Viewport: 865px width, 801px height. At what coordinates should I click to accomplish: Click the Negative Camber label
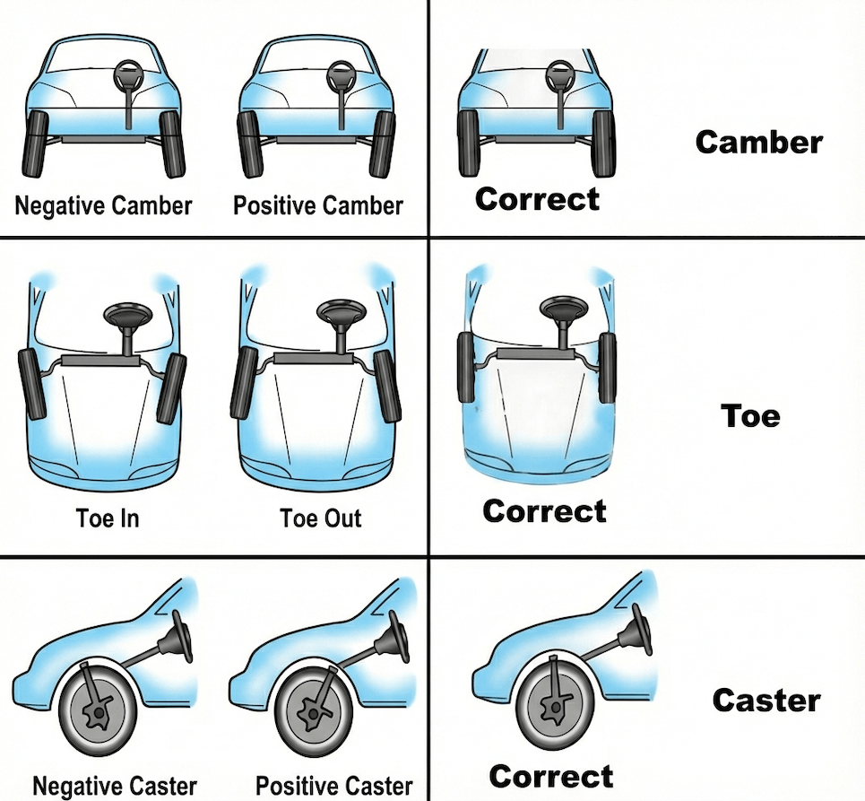(x=103, y=206)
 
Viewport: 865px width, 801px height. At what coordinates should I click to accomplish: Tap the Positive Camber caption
(x=317, y=206)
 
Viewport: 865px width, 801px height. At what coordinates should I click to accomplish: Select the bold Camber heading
(x=759, y=142)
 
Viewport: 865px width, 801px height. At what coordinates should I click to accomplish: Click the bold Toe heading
(x=750, y=415)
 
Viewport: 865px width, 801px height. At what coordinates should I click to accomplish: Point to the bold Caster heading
(x=766, y=701)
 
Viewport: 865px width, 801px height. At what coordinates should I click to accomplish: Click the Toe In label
(x=108, y=518)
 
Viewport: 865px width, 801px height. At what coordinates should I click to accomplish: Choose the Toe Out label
(x=321, y=518)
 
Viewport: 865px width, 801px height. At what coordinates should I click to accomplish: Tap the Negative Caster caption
(x=115, y=786)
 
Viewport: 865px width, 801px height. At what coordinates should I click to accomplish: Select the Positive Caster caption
(x=333, y=786)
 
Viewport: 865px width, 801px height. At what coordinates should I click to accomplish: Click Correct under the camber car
(x=537, y=199)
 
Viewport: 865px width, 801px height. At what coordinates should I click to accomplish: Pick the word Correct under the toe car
(x=544, y=511)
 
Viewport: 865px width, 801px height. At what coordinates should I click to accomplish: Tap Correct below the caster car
(x=551, y=777)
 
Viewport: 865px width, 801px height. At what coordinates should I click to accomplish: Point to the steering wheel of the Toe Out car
(x=341, y=311)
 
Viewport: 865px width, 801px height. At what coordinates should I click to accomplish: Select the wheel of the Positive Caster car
(x=314, y=711)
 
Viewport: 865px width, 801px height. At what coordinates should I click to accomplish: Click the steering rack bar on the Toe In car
(x=99, y=361)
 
